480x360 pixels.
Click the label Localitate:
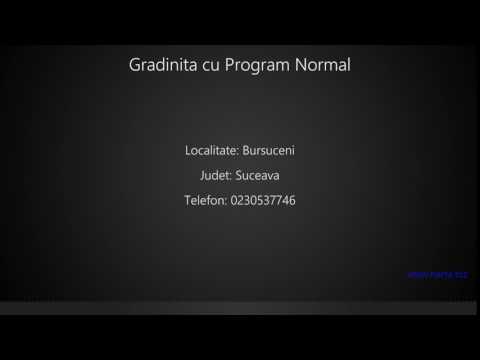click(211, 151)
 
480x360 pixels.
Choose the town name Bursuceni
click(269, 151)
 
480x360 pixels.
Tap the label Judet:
click(216, 176)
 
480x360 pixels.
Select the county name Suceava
click(257, 176)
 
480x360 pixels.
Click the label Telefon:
click(205, 201)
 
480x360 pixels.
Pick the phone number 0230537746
click(263, 201)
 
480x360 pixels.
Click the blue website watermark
click(438, 273)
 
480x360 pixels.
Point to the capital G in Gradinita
click(135, 66)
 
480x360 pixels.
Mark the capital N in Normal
click(301, 66)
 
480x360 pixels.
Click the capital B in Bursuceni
click(246, 151)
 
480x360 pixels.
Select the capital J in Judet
click(202, 176)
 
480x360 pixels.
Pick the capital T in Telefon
click(188, 201)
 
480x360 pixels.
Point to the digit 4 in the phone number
click(284, 201)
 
